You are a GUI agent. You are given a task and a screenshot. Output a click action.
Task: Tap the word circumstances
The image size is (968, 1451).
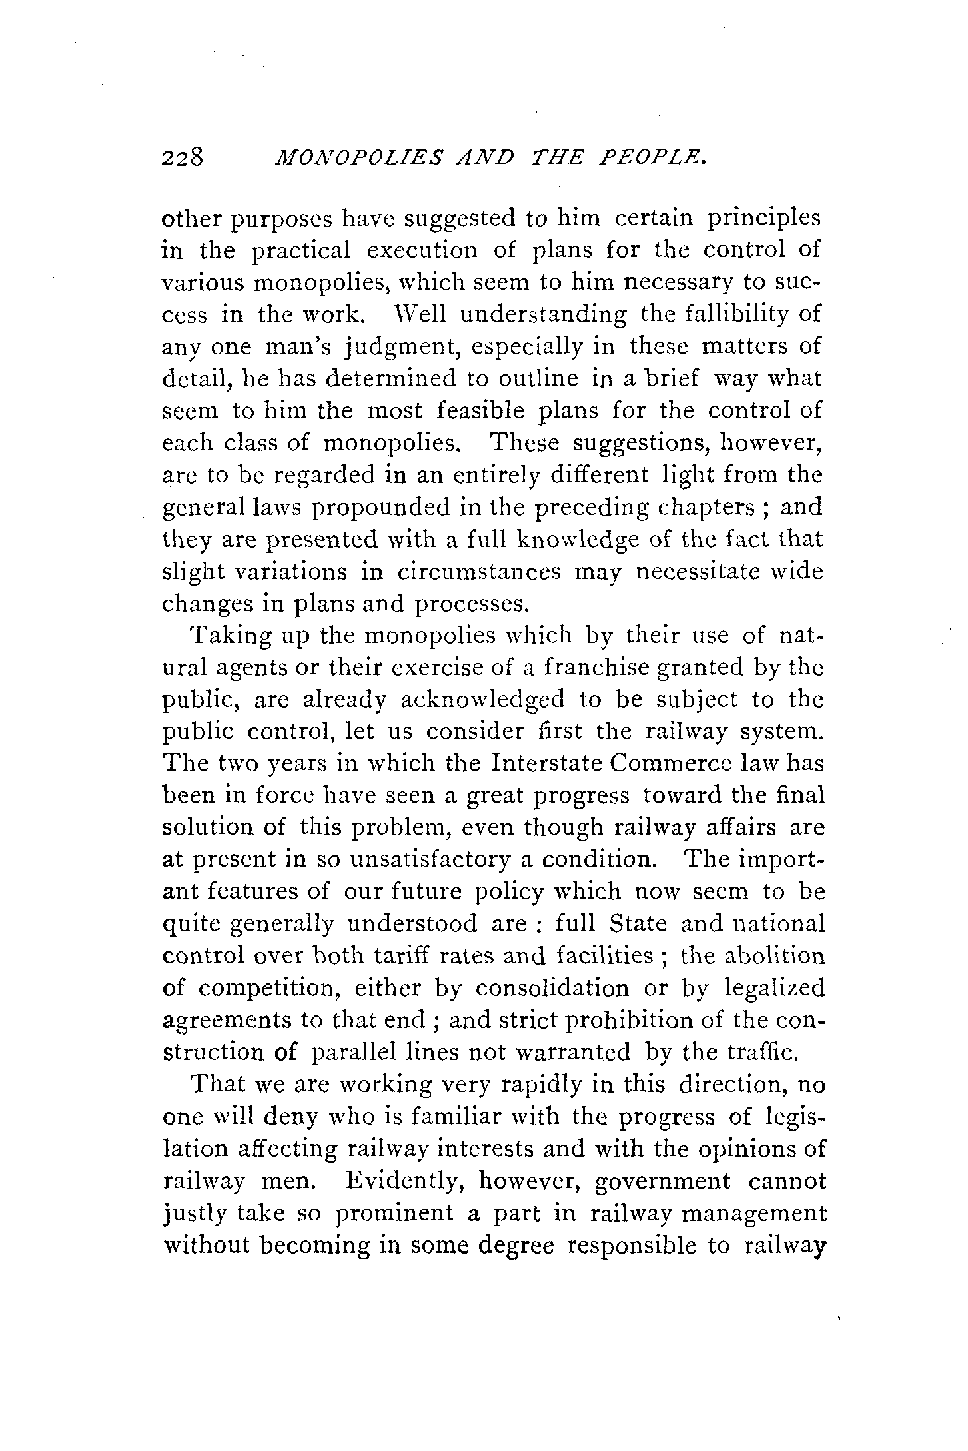480,572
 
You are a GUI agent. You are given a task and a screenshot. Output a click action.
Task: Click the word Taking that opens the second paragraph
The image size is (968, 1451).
230,636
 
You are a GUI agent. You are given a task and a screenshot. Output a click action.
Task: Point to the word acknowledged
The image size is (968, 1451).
473,700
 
